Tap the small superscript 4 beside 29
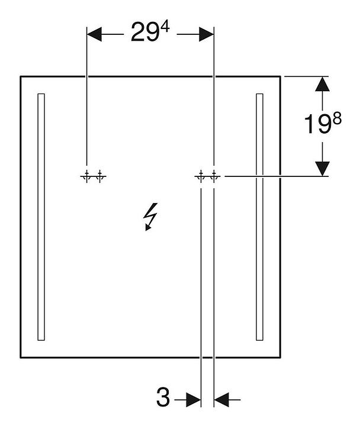165,28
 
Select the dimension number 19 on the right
316,125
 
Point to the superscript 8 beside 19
337,118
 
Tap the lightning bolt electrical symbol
151,217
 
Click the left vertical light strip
41,217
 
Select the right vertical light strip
259,217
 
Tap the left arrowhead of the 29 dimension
94,35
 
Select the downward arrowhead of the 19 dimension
322,168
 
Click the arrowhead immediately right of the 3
193,400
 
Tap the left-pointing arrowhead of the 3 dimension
221,400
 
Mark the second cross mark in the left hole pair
99,176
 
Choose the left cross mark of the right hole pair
201,176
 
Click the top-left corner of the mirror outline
21,76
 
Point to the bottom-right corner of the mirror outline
280,357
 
